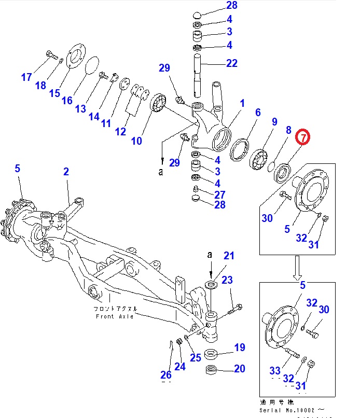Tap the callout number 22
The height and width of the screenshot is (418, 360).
coord(231,63)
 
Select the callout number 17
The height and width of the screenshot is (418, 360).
coord(26,77)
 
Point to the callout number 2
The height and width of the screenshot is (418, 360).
coord(66,172)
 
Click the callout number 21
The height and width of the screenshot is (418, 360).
coord(229,255)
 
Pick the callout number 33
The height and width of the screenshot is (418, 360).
coord(275,370)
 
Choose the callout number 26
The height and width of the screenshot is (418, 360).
coord(165,375)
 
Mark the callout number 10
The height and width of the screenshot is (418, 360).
coord(136,141)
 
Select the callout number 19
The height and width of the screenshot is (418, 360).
coord(239,347)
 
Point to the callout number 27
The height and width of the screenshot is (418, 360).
coord(219,194)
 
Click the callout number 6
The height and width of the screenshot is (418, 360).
coord(257,113)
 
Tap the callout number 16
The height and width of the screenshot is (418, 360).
coord(67,100)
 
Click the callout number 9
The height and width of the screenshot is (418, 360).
coord(274,122)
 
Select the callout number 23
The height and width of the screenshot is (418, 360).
coord(227,280)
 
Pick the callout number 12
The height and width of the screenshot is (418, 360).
coord(120,131)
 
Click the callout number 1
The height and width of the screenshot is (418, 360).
coord(242,103)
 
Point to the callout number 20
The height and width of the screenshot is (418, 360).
coord(239,369)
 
